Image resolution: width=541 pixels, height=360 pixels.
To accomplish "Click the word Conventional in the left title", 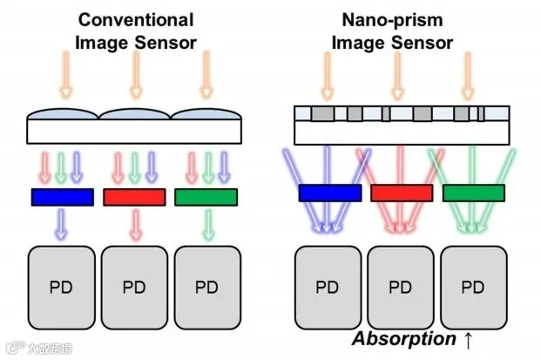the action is coord(136,20).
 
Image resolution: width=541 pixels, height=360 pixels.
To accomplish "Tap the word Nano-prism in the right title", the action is coord(392,20).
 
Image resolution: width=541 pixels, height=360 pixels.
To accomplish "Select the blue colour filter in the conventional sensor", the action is coord(63,197).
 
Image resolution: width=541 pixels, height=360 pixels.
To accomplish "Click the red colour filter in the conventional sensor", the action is coord(134,197).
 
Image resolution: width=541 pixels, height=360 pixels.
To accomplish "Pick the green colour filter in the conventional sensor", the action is coord(206,197).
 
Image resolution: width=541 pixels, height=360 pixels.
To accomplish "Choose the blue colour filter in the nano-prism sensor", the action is coord(330,193).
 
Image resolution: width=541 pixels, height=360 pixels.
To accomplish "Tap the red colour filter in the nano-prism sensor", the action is coord(402,193).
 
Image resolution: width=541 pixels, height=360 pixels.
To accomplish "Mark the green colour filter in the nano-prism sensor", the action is coord(474,193).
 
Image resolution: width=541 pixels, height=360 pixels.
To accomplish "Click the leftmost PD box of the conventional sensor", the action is coord(61,288).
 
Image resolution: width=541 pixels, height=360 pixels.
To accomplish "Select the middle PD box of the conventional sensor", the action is coord(134,288).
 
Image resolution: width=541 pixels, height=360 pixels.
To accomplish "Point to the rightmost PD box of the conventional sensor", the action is coord(207,288).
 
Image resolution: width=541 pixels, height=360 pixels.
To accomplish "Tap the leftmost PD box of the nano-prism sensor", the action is coord(328,288).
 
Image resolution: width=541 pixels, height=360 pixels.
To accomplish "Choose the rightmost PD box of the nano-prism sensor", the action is coord(474,288).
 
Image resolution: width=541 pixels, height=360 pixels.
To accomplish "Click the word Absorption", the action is coord(404,339).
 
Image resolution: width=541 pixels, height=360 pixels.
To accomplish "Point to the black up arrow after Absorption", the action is coord(468,340).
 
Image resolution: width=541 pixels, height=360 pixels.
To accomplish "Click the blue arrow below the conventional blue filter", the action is coord(61,224).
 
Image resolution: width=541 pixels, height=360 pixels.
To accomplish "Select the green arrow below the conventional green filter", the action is coord(208,224).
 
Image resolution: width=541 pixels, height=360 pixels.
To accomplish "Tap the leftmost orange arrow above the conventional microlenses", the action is coord(66,75).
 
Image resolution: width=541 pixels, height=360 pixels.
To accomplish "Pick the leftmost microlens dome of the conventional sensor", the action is coord(63,114).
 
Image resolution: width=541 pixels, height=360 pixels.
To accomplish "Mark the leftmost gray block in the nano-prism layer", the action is coord(322,113).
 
